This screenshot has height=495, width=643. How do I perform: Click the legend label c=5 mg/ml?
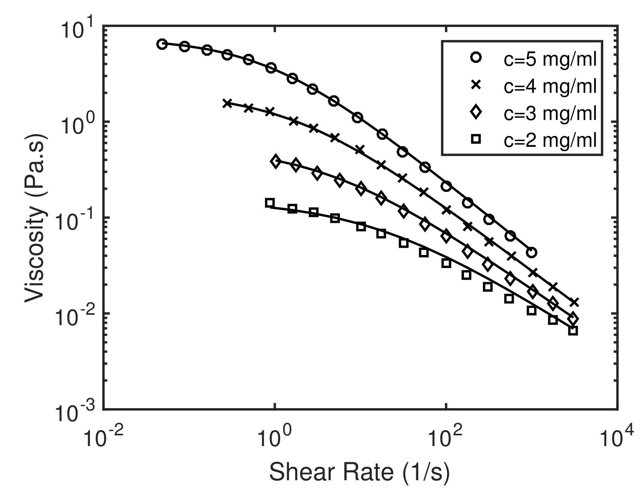tap(550, 60)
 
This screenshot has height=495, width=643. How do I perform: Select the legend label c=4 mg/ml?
tap(550, 87)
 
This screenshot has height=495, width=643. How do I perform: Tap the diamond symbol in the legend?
tap(476, 112)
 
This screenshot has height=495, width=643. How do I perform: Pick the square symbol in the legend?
tap(476, 139)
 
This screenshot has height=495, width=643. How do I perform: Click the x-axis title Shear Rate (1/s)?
tap(359, 472)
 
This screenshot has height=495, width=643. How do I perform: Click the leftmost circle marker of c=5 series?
tap(162, 44)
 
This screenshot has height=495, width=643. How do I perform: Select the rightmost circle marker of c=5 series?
tap(532, 252)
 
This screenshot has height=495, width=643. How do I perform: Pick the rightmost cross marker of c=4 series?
tap(574, 302)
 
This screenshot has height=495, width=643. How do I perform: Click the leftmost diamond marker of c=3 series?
tap(276, 161)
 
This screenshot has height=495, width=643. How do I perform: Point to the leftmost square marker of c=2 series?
tap(270, 203)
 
